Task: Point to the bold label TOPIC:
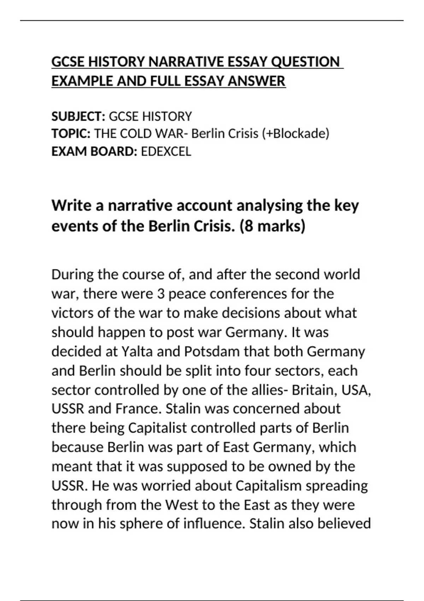tap(71, 134)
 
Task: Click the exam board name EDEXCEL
tap(166, 151)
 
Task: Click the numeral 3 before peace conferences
tap(161, 294)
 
